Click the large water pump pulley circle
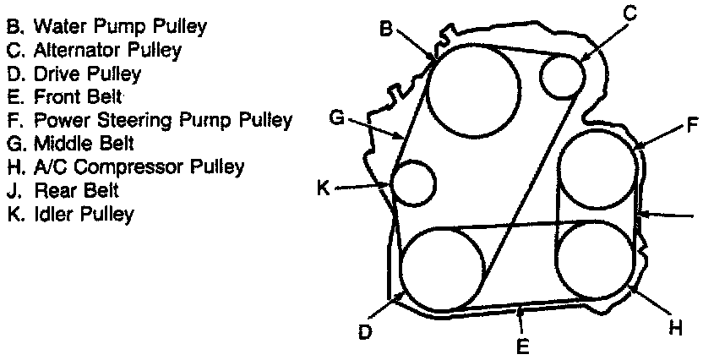click(472, 90)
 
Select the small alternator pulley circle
click(562, 75)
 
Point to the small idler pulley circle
click(414, 185)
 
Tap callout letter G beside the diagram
click(336, 117)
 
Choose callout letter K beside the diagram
click(323, 188)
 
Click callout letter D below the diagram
click(364, 332)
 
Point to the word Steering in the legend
click(116, 120)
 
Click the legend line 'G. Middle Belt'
click(71, 144)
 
